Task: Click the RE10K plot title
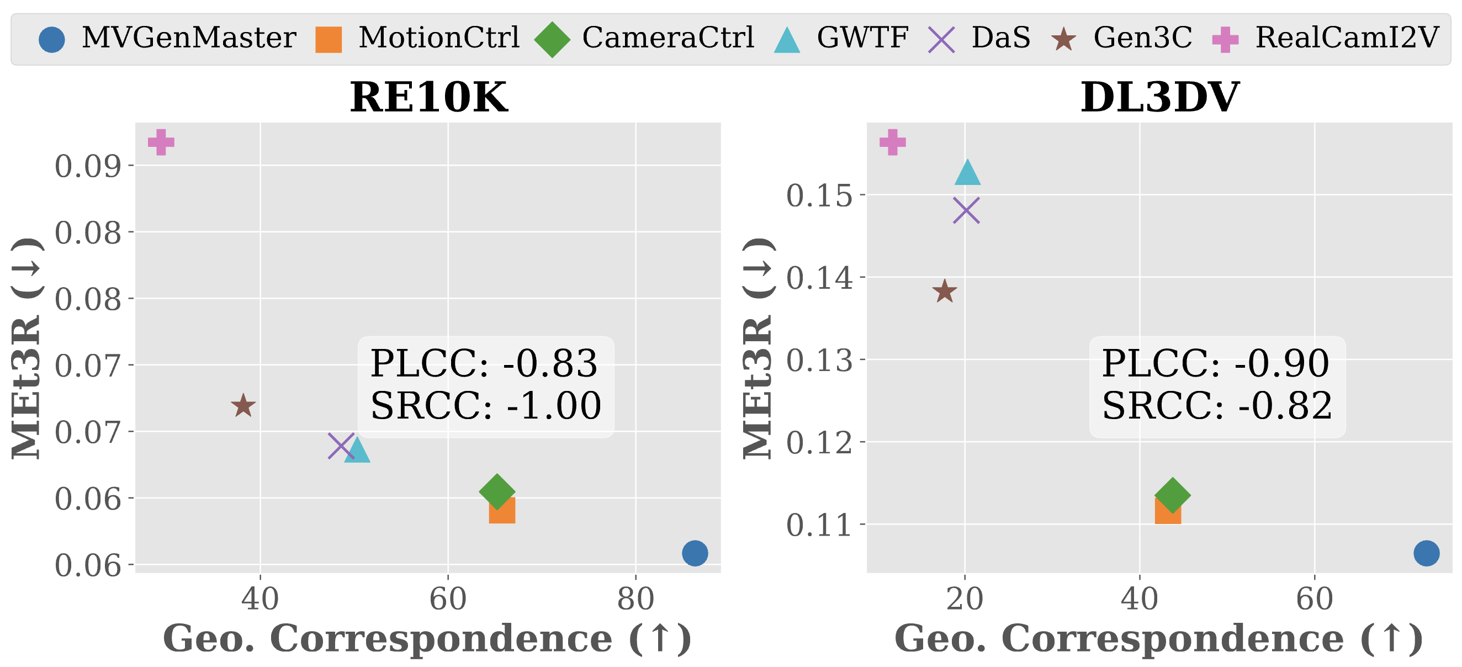[x=428, y=97]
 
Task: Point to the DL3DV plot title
[x=1159, y=97]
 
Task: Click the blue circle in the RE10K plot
[x=695, y=553]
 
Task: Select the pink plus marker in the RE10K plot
[x=161, y=142]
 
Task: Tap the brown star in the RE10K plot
[x=243, y=406]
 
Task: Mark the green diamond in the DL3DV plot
[x=1173, y=494]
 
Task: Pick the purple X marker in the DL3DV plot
[x=967, y=210]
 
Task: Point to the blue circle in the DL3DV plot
[x=1426, y=553]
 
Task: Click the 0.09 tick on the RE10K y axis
[x=88, y=166]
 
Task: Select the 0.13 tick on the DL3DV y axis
[x=819, y=360]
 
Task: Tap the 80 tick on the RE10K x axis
[x=635, y=600]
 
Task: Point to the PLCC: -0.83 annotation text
[x=484, y=363]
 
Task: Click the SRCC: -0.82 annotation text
[x=1217, y=406]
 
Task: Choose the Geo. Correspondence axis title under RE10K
[x=427, y=639]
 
